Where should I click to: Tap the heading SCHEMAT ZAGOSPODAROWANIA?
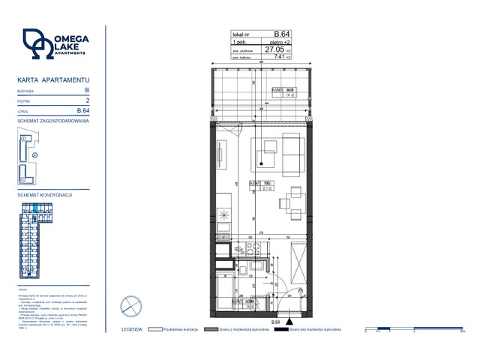[x=53, y=120]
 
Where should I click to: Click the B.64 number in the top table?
[x=282, y=34]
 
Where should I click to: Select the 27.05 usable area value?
[x=274, y=49]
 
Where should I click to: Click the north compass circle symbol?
[x=130, y=305]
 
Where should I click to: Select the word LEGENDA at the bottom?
[x=132, y=329]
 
